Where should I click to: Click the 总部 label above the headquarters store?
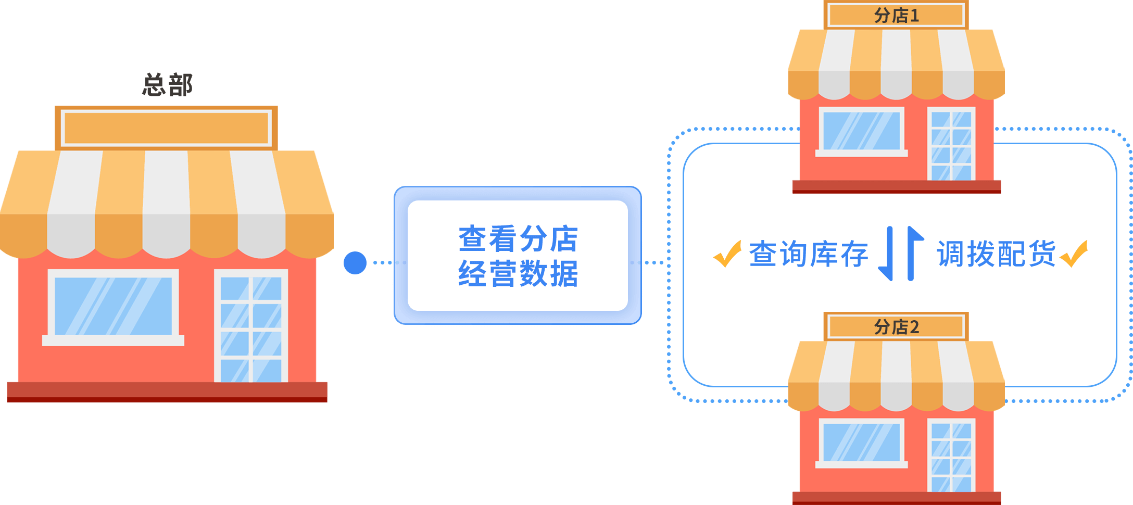168,84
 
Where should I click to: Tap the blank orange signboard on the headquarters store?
166,128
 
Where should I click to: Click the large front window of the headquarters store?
113,306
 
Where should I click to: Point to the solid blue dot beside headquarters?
355,263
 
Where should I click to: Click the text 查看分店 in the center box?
518,239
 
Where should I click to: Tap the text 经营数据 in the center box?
518,274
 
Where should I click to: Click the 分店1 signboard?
896,16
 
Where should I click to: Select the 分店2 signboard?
896,327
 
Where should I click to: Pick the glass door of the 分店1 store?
951,145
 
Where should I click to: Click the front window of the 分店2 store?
861,442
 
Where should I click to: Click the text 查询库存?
809,254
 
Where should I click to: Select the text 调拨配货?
996,254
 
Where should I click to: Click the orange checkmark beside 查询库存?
727,254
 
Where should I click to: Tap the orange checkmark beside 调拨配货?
1074,254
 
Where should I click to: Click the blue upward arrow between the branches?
913,253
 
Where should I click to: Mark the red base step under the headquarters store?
167,392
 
